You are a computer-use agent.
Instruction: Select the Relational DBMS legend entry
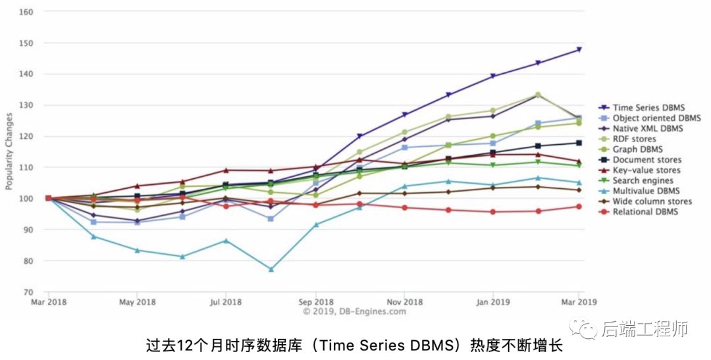(x=645, y=212)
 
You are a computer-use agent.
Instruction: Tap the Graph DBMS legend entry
(x=637, y=149)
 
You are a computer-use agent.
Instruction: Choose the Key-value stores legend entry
(x=646, y=170)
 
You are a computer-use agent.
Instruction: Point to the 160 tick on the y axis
(x=27, y=12)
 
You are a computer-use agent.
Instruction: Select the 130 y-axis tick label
(x=27, y=105)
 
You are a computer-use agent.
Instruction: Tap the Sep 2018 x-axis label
(x=315, y=303)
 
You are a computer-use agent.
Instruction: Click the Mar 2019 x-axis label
(x=578, y=303)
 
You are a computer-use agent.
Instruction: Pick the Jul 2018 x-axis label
(x=225, y=303)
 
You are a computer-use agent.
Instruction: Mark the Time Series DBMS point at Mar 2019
(x=579, y=49)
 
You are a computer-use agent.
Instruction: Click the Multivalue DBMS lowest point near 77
(x=271, y=269)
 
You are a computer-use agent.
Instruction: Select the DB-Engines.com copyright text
(x=354, y=311)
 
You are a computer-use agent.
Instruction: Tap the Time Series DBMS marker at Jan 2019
(x=492, y=76)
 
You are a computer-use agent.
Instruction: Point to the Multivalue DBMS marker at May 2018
(x=137, y=250)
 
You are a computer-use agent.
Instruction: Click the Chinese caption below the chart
(x=355, y=346)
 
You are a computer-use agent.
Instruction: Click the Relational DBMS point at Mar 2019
(x=579, y=206)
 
